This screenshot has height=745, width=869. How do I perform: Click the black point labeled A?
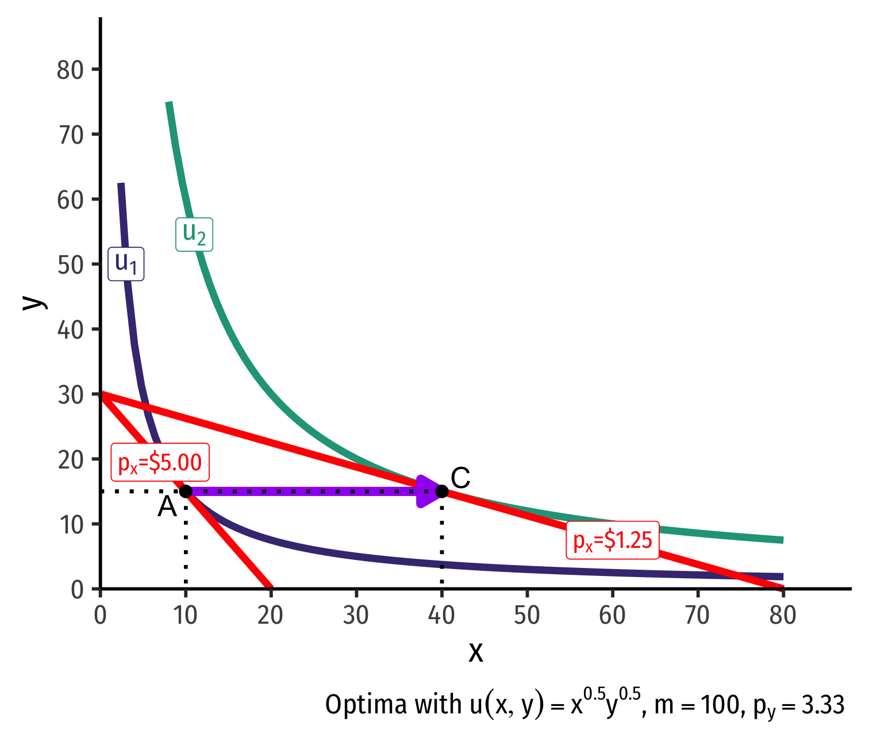(x=186, y=491)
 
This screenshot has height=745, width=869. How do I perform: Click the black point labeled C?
(x=441, y=491)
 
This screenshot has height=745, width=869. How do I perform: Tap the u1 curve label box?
(x=126, y=264)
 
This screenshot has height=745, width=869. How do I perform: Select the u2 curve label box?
(x=194, y=234)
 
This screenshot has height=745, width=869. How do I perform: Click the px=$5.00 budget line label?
(x=160, y=462)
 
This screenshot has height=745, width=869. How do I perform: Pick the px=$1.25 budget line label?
(x=613, y=540)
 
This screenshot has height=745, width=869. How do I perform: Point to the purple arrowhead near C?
(x=427, y=491)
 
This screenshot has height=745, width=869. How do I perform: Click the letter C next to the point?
(x=460, y=478)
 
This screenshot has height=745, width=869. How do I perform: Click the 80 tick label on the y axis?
(x=70, y=70)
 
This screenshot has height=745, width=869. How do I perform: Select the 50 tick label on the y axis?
(x=70, y=264)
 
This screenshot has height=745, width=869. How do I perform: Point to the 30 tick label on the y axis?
(x=70, y=394)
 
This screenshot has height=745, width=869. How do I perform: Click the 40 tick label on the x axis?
(x=441, y=616)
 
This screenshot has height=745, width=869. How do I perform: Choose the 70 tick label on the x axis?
(x=697, y=616)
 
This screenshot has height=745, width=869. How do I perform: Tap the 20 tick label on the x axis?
(x=271, y=616)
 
